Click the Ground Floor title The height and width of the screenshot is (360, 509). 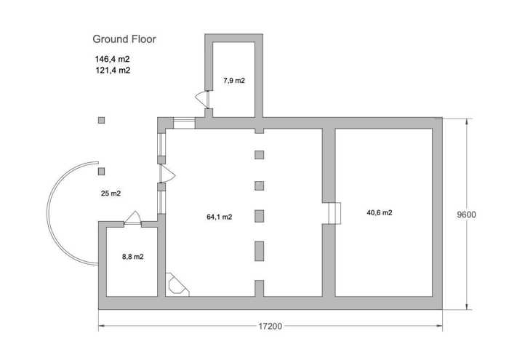click(x=124, y=39)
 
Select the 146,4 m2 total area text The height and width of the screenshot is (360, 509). click(x=112, y=59)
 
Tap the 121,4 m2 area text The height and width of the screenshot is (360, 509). click(x=113, y=70)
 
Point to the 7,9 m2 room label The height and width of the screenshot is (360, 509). click(x=234, y=81)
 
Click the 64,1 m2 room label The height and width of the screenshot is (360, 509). click(x=220, y=217)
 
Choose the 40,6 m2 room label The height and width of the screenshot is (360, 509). click(x=380, y=212)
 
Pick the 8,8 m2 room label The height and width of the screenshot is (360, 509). click(x=133, y=257)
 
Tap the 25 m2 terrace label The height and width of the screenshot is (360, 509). click(x=111, y=193)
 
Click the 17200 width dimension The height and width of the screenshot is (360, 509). click(x=270, y=326)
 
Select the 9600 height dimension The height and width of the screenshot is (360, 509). click(x=467, y=215)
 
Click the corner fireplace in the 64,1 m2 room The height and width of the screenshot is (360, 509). click(x=177, y=284)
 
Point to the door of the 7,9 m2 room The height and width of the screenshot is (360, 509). click(x=203, y=100)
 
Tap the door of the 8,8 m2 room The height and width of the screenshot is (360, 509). click(x=133, y=218)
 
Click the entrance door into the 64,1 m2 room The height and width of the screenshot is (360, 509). click(x=167, y=174)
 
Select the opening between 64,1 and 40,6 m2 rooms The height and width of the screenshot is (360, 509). click(x=334, y=213)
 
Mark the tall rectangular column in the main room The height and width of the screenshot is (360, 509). click(x=259, y=251)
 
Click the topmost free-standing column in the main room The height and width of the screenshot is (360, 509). click(x=259, y=155)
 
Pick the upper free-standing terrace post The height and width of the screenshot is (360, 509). click(x=102, y=121)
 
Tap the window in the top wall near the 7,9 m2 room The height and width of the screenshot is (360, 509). click(x=184, y=124)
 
